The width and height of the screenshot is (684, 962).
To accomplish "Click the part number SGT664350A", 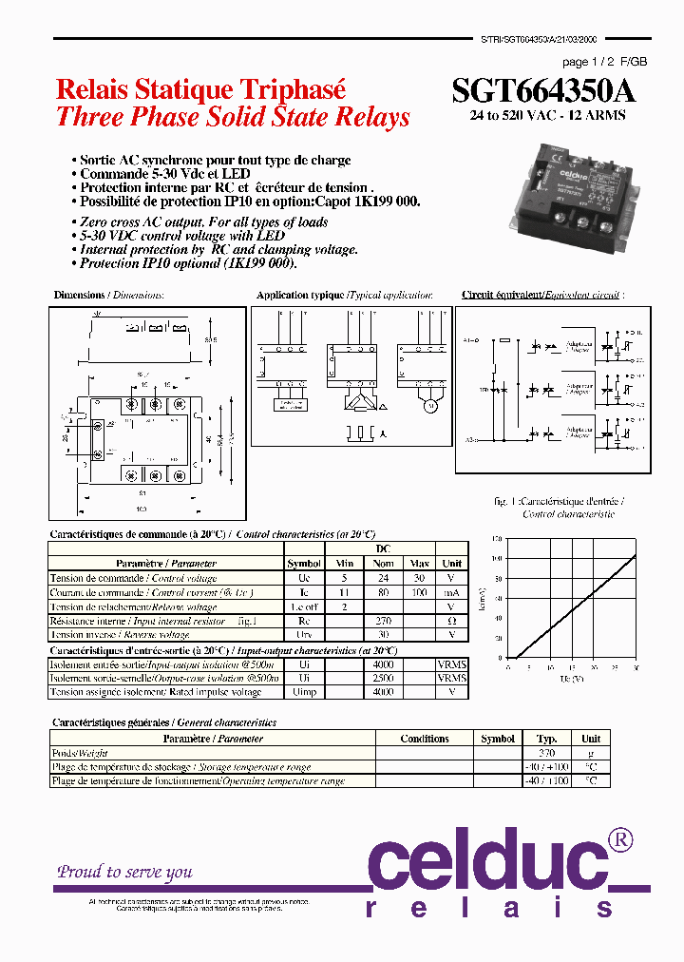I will [x=543, y=90].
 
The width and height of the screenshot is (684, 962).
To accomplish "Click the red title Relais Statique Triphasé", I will [x=200, y=89].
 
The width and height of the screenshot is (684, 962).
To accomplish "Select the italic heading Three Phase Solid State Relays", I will [x=233, y=118].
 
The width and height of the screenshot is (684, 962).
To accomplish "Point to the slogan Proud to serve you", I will [x=124, y=872].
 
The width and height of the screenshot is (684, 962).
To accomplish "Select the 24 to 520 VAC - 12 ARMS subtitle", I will [x=548, y=115].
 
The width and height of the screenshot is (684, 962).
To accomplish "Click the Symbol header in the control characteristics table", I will [x=304, y=564].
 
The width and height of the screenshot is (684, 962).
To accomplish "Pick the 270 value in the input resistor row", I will [x=384, y=621].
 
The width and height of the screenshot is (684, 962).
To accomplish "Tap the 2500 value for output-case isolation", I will [x=384, y=679].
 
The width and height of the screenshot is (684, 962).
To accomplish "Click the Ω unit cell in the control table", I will [x=452, y=621].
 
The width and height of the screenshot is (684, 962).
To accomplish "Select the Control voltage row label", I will [x=133, y=578].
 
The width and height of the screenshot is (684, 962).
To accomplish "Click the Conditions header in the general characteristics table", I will [x=425, y=739].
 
